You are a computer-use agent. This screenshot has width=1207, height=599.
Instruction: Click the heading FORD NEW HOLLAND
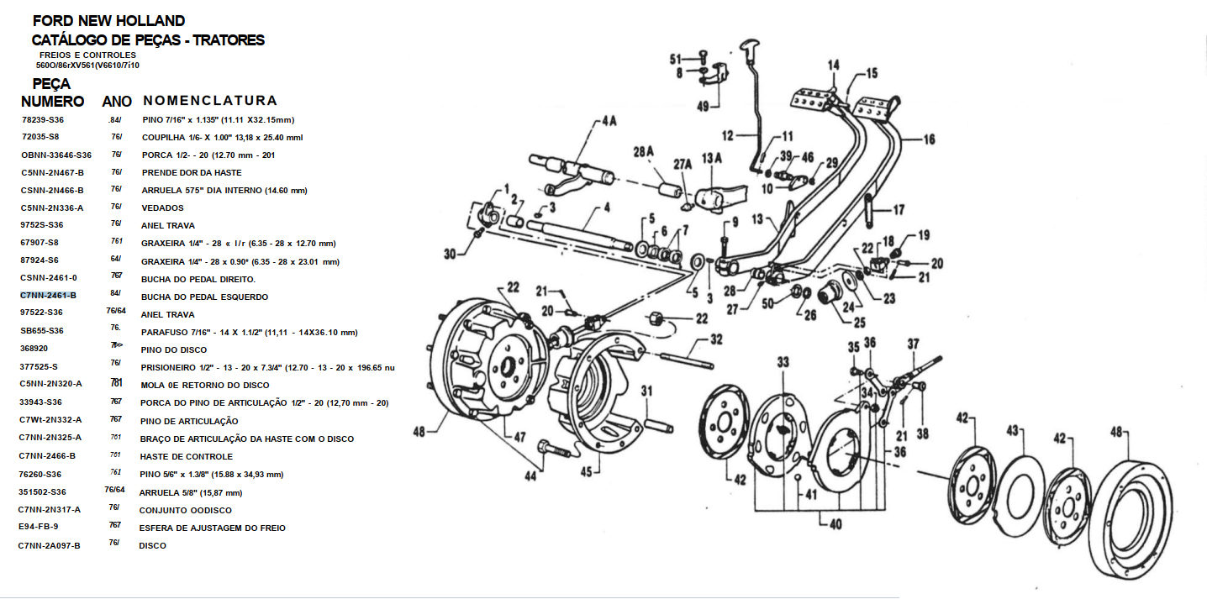108,21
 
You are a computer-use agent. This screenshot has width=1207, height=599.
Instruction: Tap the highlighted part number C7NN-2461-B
48,296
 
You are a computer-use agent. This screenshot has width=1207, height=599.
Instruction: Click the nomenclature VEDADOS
162,208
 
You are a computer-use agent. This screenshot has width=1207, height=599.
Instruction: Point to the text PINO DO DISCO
174,349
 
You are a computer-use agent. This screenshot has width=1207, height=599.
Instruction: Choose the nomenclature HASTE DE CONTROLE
187,456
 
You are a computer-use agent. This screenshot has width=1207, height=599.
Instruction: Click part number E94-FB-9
40,528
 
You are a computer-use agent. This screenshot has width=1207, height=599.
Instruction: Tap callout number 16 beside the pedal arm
928,140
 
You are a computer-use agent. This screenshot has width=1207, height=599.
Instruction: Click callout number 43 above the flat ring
1013,431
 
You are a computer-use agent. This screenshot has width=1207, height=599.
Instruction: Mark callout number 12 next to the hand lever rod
728,134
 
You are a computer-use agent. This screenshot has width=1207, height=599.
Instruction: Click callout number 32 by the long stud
715,340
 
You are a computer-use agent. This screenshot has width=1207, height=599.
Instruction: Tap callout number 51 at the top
675,59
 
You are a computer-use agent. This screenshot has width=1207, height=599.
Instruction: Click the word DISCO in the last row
152,545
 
